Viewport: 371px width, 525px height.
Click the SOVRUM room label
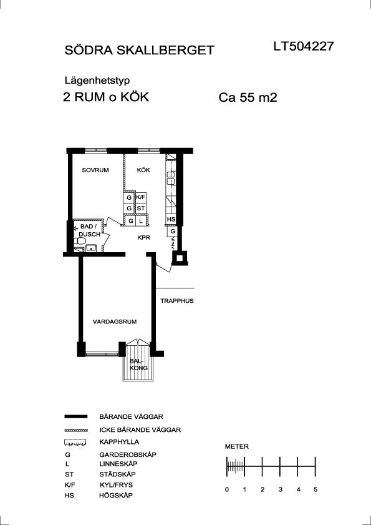pos(95,170)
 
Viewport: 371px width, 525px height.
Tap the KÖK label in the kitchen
pos(143,170)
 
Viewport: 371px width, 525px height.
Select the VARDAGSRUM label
pos(115,321)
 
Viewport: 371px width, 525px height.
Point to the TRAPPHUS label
pos(177,301)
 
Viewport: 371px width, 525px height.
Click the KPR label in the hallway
pos(143,238)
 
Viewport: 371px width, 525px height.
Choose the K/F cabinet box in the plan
pos(140,197)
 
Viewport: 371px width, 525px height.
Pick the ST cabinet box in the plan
pos(140,209)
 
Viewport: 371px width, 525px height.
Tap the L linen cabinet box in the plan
pos(141,221)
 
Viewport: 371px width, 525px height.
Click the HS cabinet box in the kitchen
pos(171,219)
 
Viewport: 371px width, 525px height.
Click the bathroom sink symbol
pos(91,248)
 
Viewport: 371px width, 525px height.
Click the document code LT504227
pos(304,46)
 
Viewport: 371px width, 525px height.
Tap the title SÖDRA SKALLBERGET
pos(139,50)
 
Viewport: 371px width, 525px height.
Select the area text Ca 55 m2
pos(248,98)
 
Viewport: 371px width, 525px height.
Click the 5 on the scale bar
pos(315,489)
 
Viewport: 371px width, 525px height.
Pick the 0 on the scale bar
pos(227,489)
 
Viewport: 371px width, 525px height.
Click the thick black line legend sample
pos(75,416)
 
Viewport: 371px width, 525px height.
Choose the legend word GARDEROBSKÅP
pos(128,454)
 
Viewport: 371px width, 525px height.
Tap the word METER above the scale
pos(237,446)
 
